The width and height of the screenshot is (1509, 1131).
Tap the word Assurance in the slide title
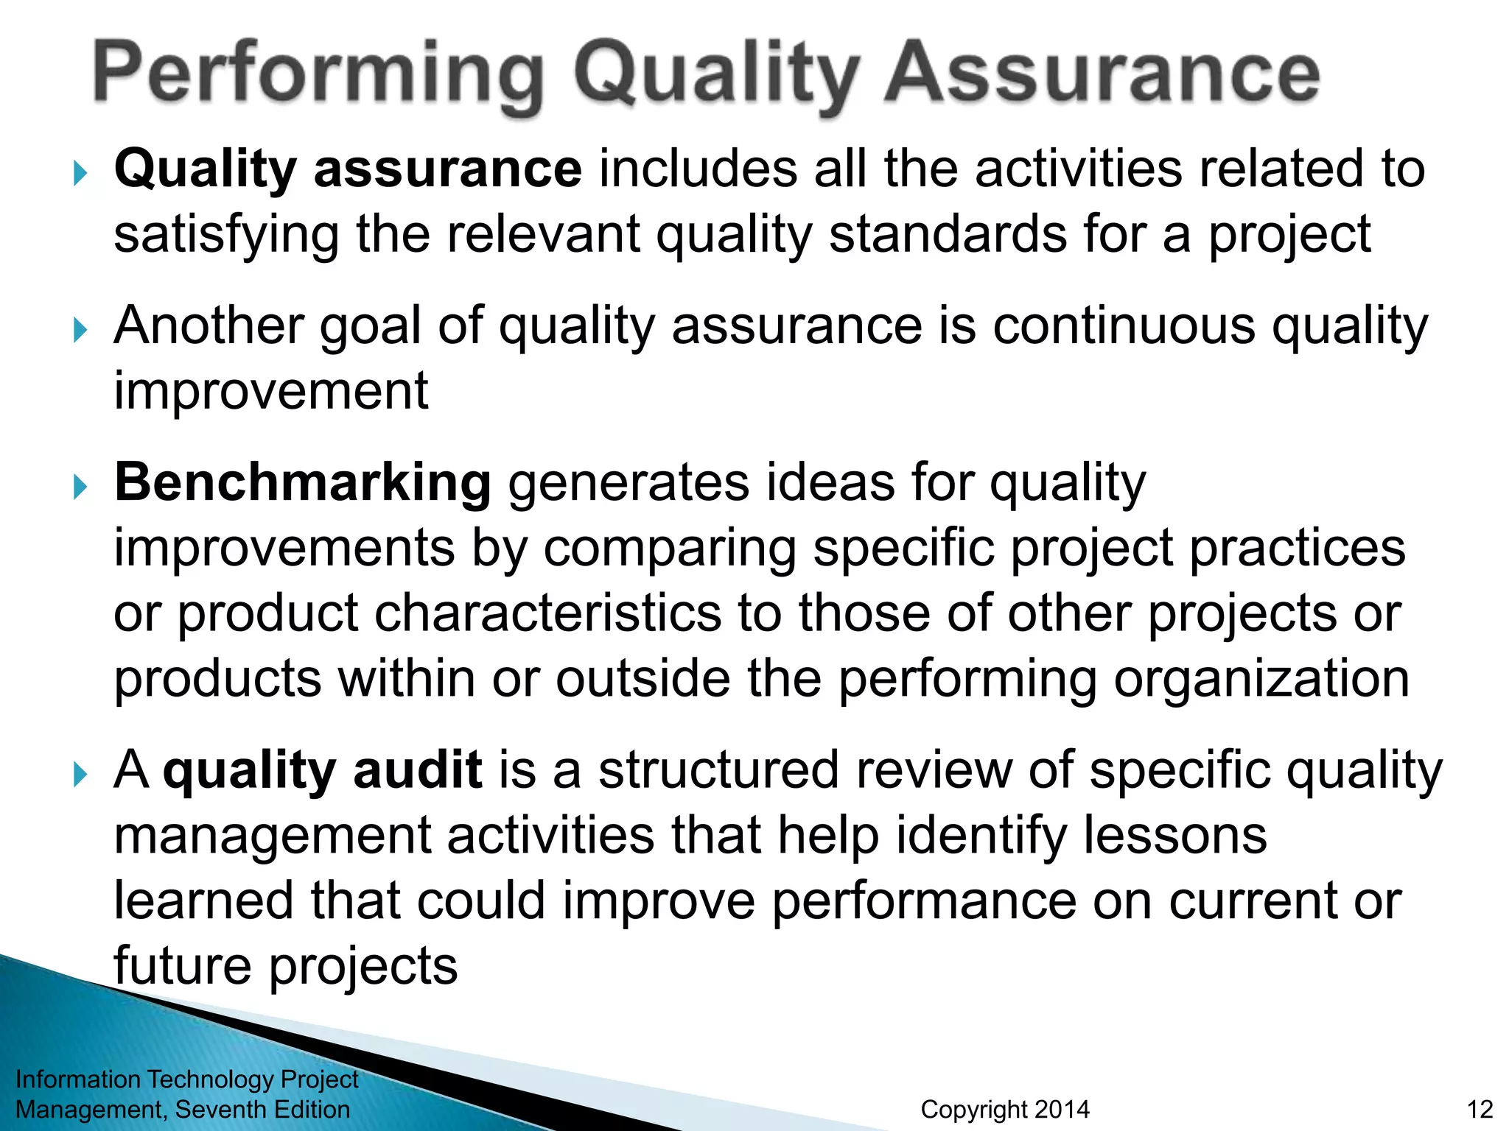tap(1102, 74)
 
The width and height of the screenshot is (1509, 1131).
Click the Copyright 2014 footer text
tap(1005, 1110)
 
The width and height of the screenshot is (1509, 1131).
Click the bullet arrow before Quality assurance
tap(80, 174)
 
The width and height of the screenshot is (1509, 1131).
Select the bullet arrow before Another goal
tap(80, 331)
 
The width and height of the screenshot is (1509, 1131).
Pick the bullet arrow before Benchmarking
tap(80, 487)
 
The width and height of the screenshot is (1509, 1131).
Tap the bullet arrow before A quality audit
tap(80, 775)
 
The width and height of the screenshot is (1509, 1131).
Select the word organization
tap(1261, 679)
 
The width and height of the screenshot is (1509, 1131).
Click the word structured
tap(718, 769)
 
